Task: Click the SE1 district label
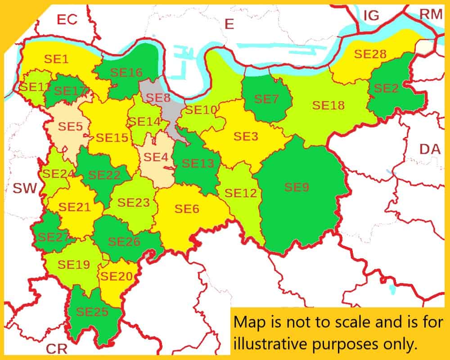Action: [x=57, y=58]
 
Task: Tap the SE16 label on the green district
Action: [x=126, y=72]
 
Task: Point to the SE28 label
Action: [x=370, y=54]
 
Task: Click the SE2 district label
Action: [x=386, y=88]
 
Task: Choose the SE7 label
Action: [x=266, y=99]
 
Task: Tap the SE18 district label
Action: [x=328, y=105]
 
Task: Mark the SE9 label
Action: [x=297, y=187]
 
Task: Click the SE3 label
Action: [x=246, y=136]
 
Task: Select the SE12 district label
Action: [x=241, y=193]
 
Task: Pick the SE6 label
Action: [x=187, y=209]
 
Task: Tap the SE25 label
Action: [x=92, y=311]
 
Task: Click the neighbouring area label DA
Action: [x=430, y=149]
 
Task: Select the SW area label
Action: [x=24, y=188]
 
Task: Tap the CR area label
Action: [x=58, y=348]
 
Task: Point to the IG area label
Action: [x=371, y=15]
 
